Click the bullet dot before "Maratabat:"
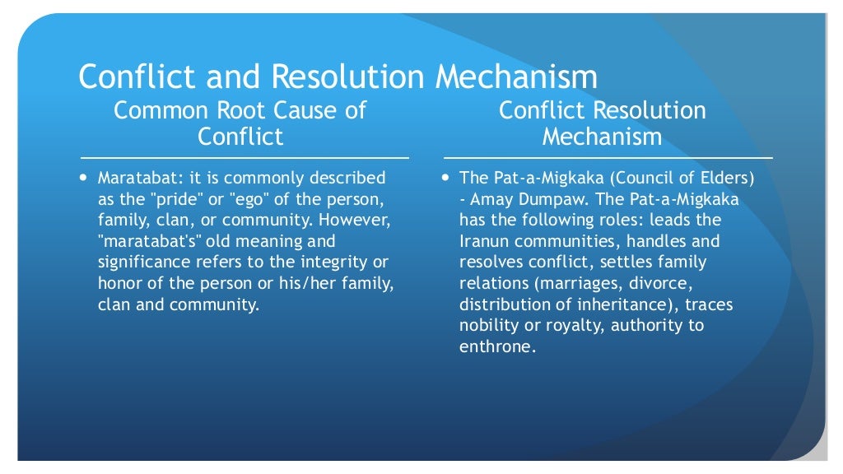84,178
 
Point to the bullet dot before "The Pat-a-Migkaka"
445,178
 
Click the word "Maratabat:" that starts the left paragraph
136,179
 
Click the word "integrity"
346,263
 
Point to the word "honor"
119,284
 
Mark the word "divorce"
656,284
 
